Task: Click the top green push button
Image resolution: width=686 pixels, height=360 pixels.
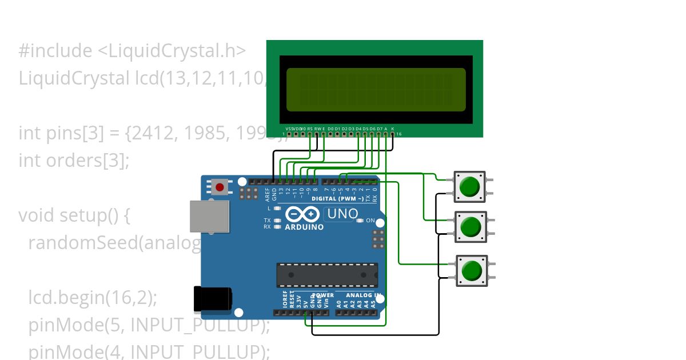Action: pyautogui.click(x=469, y=187)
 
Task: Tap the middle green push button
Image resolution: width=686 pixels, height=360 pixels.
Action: pyautogui.click(x=470, y=227)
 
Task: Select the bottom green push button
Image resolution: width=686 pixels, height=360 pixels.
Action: pyautogui.click(x=472, y=270)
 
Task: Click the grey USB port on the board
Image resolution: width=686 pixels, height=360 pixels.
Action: pyautogui.click(x=209, y=216)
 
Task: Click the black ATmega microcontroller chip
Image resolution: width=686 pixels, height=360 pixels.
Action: pyautogui.click(x=327, y=275)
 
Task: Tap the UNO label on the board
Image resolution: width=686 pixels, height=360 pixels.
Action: pyautogui.click(x=342, y=214)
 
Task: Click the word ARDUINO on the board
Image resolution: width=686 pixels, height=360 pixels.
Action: pyautogui.click(x=304, y=227)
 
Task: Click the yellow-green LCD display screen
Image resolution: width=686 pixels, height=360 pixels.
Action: pyautogui.click(x=376, y=90)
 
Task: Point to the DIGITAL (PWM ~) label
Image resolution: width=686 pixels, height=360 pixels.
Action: pyautogui.click(x=337, y=199)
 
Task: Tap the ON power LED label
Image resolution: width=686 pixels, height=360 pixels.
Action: pyautogui.click(x=370, y=221)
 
